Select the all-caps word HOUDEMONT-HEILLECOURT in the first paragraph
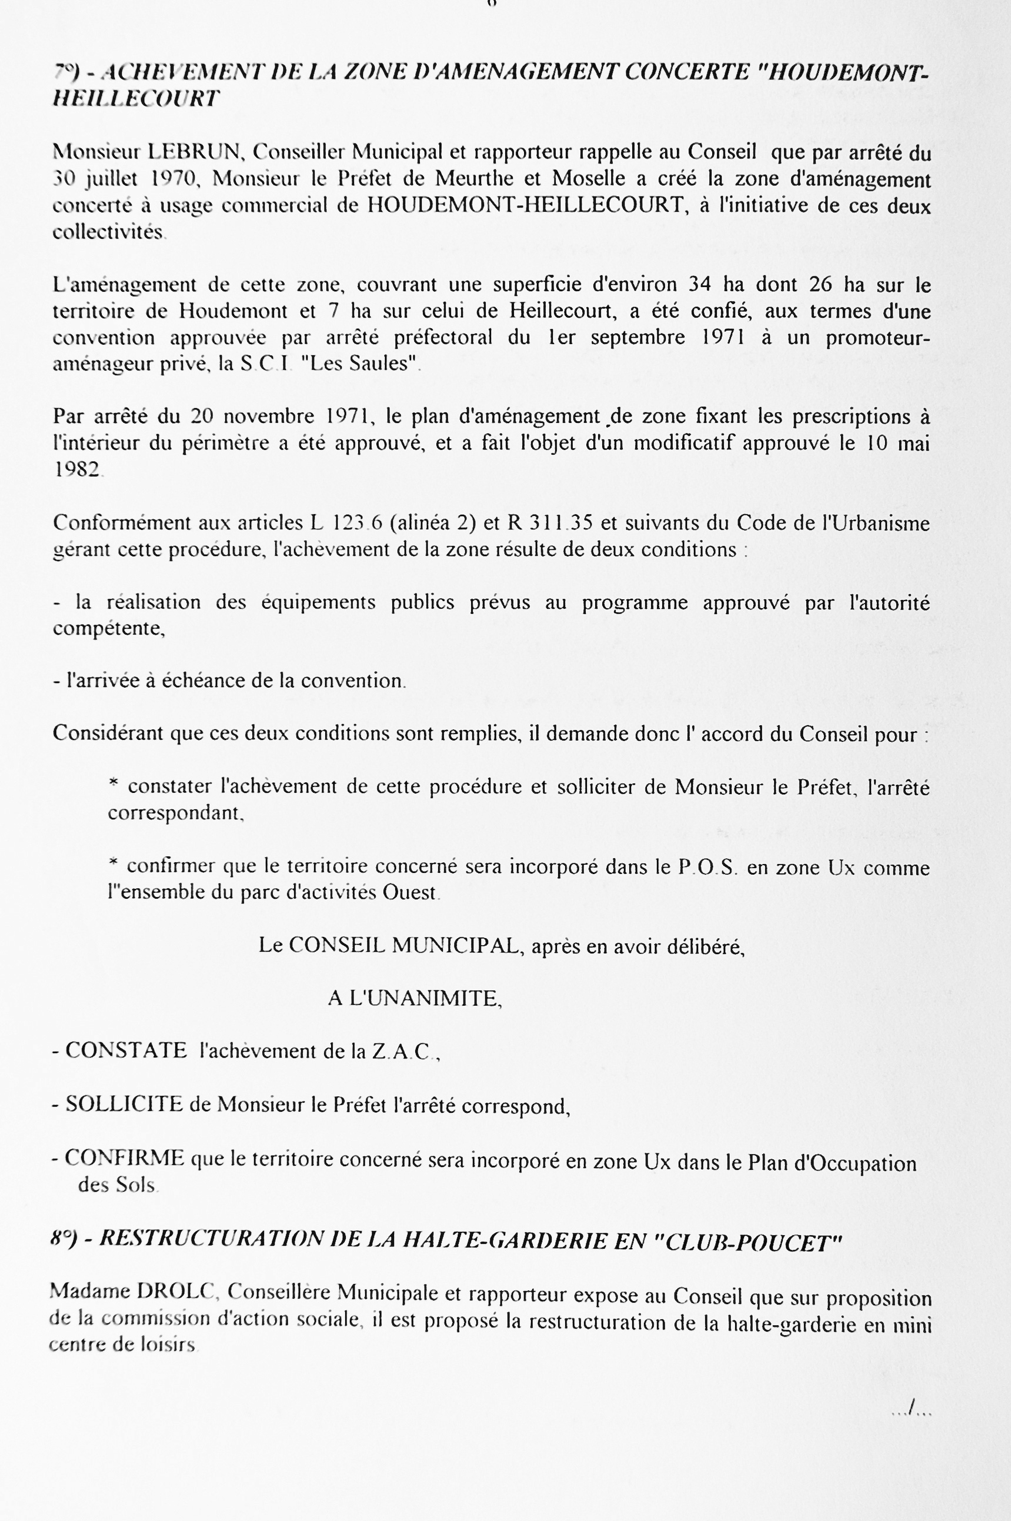[525, 205]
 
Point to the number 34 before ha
[699, 284]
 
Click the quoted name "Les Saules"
[361, 364]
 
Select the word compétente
[108, 629]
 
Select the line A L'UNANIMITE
[415, 999]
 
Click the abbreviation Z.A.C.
[403, 1052]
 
